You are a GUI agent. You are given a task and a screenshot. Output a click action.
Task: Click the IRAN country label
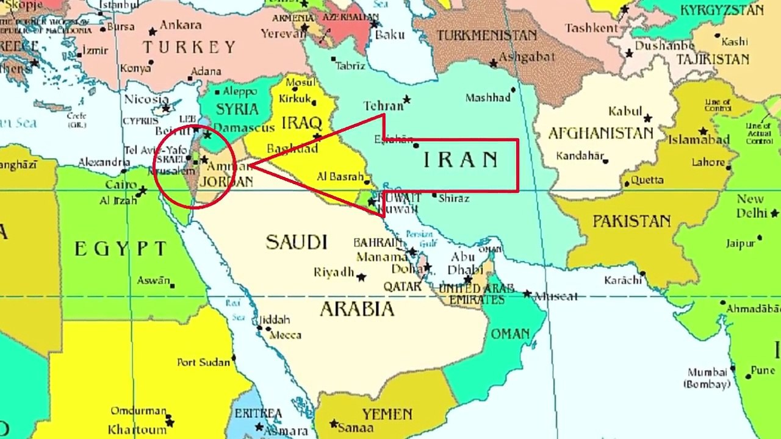pos(461,160)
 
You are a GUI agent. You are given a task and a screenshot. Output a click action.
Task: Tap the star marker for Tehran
pos(406,99)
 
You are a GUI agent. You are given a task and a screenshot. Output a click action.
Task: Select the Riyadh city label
pos(334,273)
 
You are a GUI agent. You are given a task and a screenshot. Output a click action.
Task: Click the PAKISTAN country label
pos(632,221)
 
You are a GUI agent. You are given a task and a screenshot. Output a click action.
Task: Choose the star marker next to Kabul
pos(647,118)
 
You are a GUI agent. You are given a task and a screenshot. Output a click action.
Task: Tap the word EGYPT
pos(120,249)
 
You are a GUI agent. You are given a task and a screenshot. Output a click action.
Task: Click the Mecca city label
pos(286,335)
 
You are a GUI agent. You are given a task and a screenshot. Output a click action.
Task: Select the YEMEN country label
pos(387,415)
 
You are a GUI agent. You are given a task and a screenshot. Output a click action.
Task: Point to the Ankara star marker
pos(153,32)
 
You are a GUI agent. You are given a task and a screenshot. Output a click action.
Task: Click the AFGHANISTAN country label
pos(600,134)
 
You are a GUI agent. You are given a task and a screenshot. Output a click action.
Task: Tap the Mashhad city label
pos(488,98)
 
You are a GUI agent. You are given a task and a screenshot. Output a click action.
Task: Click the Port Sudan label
pos(203,362)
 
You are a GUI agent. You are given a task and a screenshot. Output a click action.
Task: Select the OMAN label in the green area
pos(510,334)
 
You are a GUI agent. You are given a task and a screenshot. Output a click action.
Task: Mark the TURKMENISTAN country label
pos(486,35)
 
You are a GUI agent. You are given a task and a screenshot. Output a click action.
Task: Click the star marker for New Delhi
pos(774,213)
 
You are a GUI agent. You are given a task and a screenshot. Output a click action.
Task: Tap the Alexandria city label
pos(103,163)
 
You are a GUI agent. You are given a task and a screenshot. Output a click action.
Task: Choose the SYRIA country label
pos(237,110)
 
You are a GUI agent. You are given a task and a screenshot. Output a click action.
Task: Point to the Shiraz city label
pos(454,198)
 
